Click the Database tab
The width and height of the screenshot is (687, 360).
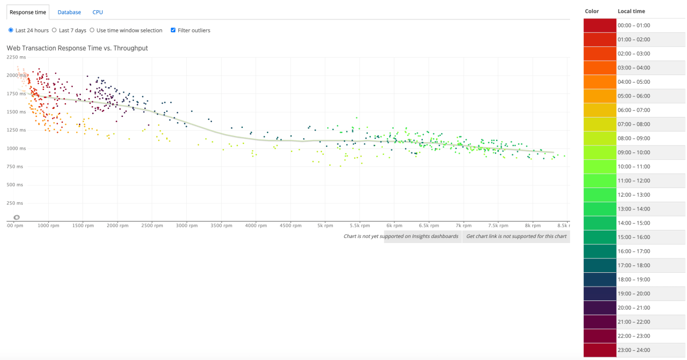69,12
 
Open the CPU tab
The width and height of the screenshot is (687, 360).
97,12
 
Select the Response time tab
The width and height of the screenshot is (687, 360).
28,12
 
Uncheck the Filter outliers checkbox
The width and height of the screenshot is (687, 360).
173,30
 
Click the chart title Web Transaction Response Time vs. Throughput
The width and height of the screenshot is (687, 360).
77,48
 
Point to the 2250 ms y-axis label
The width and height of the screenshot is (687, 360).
17,57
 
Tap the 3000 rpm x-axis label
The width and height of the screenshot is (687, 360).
186,226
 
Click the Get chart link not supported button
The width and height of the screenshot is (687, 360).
516,236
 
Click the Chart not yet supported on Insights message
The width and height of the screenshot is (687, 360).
401,236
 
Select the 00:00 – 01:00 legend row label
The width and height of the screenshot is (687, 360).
634,26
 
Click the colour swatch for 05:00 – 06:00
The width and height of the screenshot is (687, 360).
599,96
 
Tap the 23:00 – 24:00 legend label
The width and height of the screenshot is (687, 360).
634,350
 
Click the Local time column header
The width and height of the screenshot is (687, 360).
631,11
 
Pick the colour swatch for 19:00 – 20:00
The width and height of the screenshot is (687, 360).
599,294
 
